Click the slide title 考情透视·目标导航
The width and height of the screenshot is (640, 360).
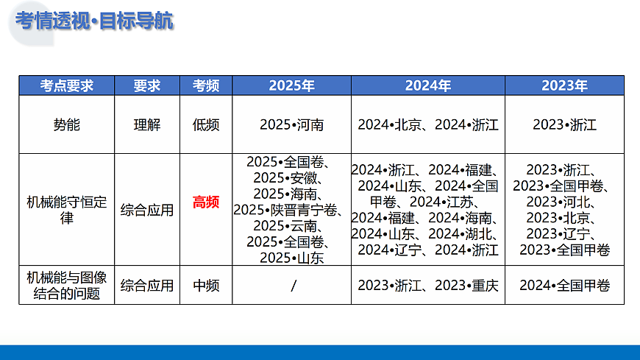click(x=95, y=21)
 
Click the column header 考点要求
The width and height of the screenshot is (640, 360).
click(x=66, y=85)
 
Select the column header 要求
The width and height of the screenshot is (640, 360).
click(x=147, y=85)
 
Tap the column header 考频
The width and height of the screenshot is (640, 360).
click(x=206, y=85)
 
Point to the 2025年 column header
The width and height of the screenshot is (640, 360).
click(x=291, y=85)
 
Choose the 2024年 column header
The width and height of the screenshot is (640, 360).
click(x=428, y=85)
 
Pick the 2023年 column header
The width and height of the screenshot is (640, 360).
click(x=565, y=85)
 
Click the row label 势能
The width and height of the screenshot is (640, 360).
click(x=66, y=124)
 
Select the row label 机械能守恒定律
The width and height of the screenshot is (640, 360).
click(x=66, y=210)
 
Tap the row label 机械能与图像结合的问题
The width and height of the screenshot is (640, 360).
click(x=66, y=285)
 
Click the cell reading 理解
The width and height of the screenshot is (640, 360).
click(x=147, y=124)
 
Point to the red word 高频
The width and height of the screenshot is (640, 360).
click(x=206, y=202)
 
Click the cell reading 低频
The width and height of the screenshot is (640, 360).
click(x=206, y=124)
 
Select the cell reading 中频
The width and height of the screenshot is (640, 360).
click(x=206, y=285)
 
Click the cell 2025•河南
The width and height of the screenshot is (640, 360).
click(x=291, y=124)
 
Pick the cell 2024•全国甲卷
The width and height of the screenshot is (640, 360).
click(x=565, y=285)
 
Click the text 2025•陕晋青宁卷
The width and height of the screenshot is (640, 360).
click(x=288, y=210)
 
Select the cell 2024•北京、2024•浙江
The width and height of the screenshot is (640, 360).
click(x=428, y=124)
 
